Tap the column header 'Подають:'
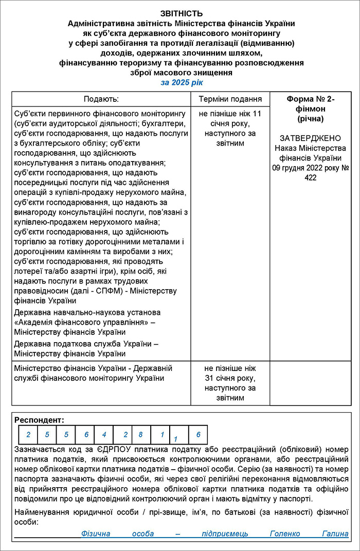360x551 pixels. pos(101,99)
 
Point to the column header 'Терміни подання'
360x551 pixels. pos(230,99)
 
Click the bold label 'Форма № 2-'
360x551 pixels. pos(311,99)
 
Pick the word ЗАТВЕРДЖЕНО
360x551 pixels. pos(311,138)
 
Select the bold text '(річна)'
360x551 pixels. pos(311,118)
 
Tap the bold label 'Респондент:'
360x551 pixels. pos(40,420)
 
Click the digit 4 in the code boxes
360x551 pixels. pos(103,435)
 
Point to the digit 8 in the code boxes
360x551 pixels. pos(140,435)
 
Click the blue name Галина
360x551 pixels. pos(335,534)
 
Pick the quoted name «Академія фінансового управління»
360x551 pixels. pos(81,322)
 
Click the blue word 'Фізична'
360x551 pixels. pos(96,534)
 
